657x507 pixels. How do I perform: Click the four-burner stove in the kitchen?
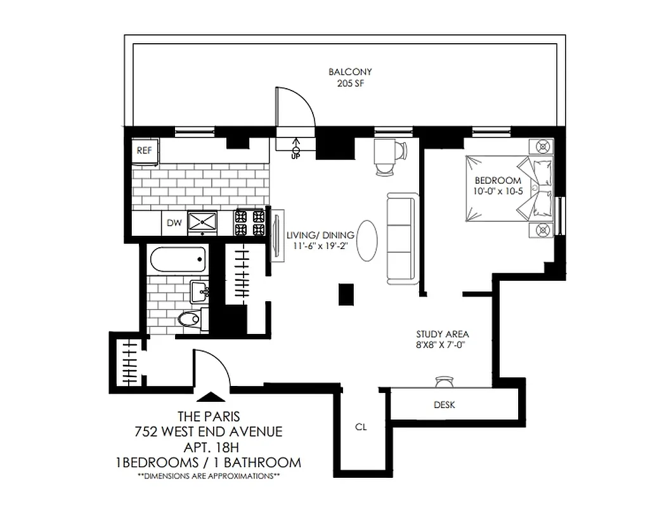(x=250, y=222)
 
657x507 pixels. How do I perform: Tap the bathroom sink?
(x=202, y=292)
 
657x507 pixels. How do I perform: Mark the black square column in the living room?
(x=346, y=293)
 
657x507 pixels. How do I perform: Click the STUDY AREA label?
(x=442, y=334)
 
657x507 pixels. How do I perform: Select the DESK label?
(x=445, y=405)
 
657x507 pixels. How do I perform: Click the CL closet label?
(x=361, y=427)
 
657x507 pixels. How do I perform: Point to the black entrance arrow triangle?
(x=211, y=397)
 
